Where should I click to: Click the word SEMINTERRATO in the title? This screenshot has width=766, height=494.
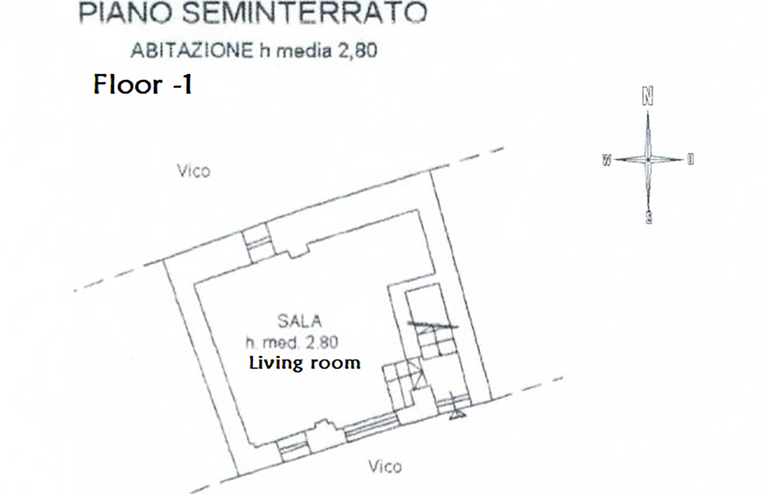click(x=304, y=13)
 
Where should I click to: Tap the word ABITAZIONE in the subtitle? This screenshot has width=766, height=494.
click(x=192, y=51)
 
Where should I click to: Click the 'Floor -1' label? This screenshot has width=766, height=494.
click(x=143, y=84)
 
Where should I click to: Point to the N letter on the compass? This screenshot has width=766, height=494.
click(x=647, y=96)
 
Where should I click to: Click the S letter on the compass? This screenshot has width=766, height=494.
click(x=649, y=217)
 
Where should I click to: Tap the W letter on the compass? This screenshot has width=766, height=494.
click(x=607, y=160)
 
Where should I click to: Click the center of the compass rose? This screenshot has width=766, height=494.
click(x=648, y=160)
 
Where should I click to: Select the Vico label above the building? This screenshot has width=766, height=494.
click(x=194, y=171)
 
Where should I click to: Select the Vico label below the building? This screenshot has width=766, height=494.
click(x=385, y=466)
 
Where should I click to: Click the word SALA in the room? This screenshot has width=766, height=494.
click(x=299, y=321)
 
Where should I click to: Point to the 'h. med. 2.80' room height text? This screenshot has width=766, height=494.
click(x=292, y=342)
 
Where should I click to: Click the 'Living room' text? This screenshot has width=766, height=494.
click(x=305, y=363)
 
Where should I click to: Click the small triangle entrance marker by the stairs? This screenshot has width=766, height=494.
click(x=457, y=414)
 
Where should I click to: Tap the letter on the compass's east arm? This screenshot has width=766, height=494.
click(x=690, y=159)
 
